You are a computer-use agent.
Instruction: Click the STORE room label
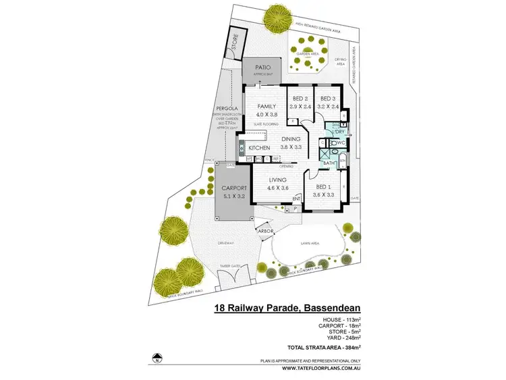[235, 43]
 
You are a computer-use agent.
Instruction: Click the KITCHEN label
[259, 148]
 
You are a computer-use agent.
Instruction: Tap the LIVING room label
[278, 180]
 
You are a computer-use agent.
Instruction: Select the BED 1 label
[324, 187]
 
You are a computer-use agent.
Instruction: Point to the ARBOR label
[264, 231]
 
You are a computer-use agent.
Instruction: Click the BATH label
[329, 163]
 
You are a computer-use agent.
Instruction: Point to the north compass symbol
[158, 357]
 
